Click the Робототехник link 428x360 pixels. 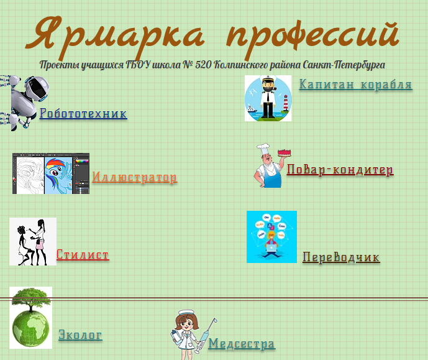(83, 113)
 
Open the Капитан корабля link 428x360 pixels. (356, 84)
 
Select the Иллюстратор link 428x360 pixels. (135, 177)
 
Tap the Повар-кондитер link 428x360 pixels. (340, 170)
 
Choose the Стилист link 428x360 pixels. (83, 254)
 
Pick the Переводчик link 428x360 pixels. (341, 257)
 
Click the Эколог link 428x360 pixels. (81, 335)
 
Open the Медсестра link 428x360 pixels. (242, 343)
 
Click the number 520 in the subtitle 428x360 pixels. (203, 65)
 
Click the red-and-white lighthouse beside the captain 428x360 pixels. (286, 103)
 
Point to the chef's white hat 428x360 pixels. (263, 149)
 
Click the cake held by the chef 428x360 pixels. (285, 152)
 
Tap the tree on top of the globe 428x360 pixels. (31, 299)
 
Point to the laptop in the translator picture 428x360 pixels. (271, 248)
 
